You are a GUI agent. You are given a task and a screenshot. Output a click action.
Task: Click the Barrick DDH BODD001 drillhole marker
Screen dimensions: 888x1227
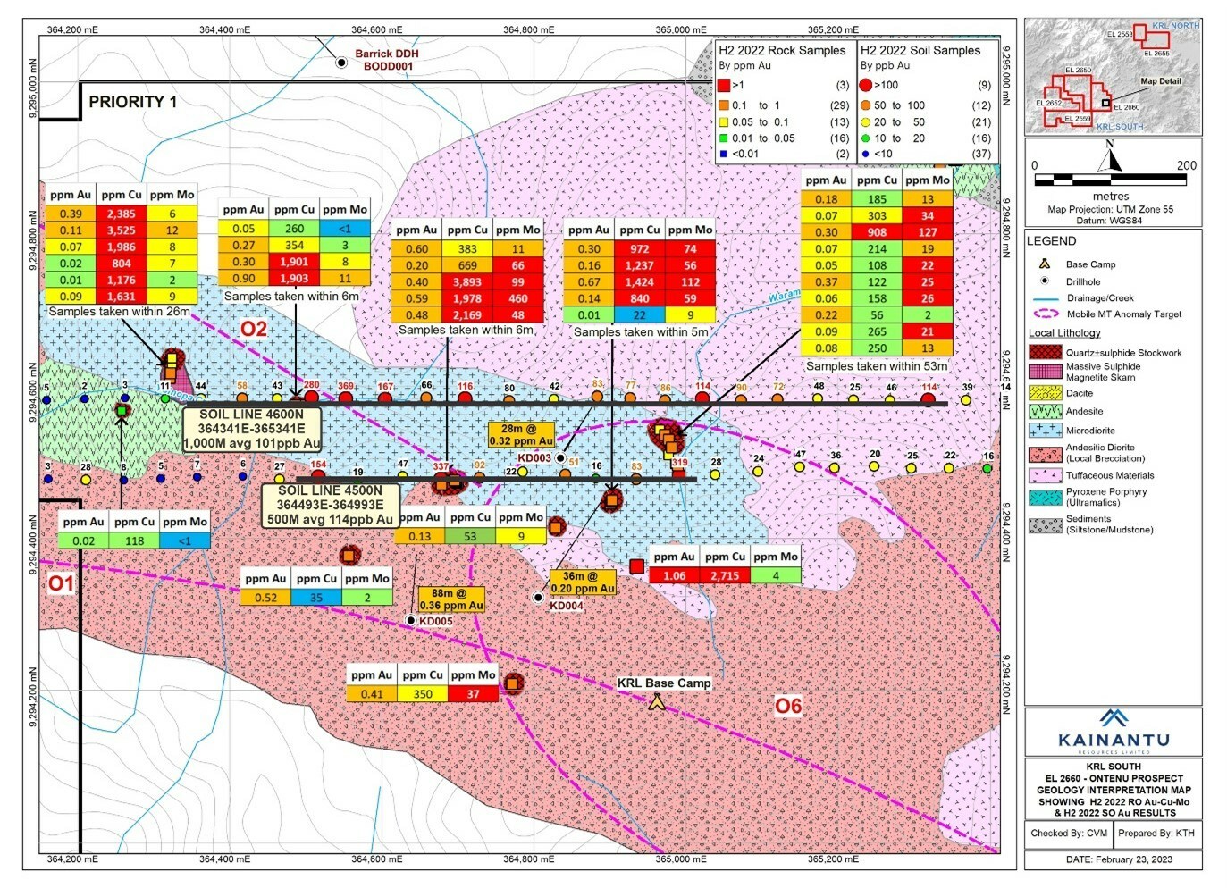pos(341,63)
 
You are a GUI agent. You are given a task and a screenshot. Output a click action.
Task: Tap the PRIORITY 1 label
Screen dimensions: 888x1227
pos(132,102)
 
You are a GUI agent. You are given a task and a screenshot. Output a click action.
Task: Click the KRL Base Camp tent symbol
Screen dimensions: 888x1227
pos(657,702)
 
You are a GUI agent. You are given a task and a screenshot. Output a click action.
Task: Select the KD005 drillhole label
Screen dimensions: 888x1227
pos(435,621)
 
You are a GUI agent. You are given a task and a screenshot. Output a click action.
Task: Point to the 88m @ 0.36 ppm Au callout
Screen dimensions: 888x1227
pos(451,599)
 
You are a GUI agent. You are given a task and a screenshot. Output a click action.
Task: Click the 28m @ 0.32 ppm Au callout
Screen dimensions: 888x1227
pos(521,434)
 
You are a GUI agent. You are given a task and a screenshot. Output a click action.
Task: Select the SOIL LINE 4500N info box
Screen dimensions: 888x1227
pos(330,505)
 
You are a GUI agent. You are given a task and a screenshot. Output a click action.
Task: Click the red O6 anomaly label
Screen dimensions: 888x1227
pos(787,707)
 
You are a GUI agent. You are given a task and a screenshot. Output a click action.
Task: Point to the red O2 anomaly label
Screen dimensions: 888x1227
pos(253,329)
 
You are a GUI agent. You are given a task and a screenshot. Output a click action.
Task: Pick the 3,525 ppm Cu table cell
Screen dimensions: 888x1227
pos(121,230)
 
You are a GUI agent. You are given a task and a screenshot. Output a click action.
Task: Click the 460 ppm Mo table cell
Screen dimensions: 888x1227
pos(517,298)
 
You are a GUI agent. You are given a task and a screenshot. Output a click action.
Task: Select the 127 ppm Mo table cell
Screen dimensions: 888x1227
pos(928,232)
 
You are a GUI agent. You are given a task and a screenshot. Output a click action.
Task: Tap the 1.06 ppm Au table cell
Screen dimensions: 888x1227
pos(674,575)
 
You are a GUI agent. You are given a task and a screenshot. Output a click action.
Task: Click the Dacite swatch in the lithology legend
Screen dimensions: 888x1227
pos(1045,392)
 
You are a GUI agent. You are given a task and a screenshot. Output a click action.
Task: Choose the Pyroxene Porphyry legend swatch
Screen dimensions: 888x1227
pos(1045,497)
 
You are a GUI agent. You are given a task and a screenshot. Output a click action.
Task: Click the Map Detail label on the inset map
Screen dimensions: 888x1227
pos(1160,81)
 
